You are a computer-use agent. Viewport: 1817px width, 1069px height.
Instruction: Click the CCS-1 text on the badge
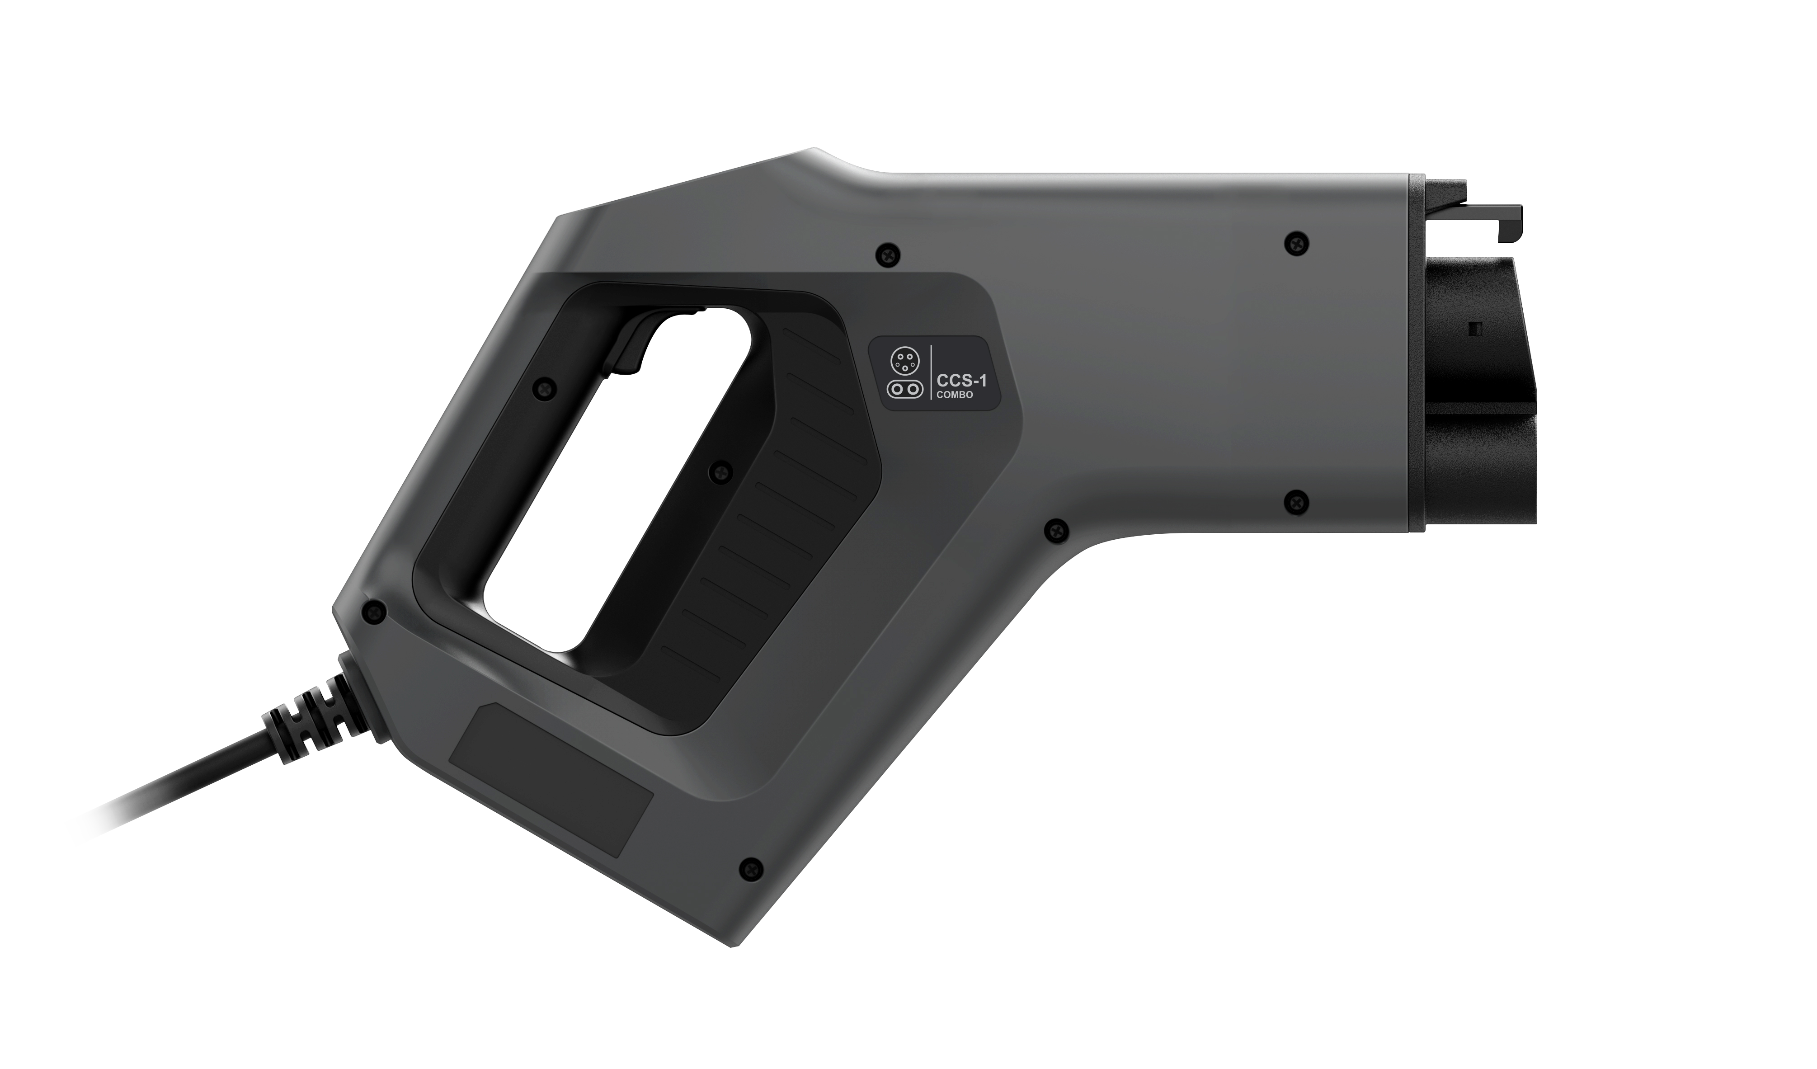click(x=960, y=379)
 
